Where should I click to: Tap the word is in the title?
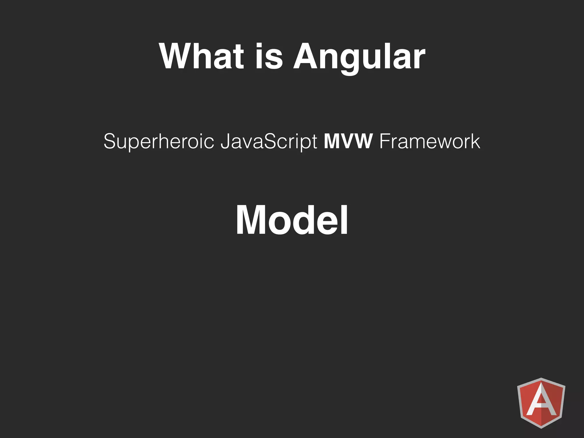pos(269,56)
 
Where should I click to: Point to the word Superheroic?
pos(159,141)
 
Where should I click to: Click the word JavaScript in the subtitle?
pos(269,142)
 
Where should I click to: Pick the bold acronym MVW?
pos(348,141)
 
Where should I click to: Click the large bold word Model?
pos(292,220)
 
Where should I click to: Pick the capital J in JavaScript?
pos(225,141)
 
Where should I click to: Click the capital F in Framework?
pos(385,141)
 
